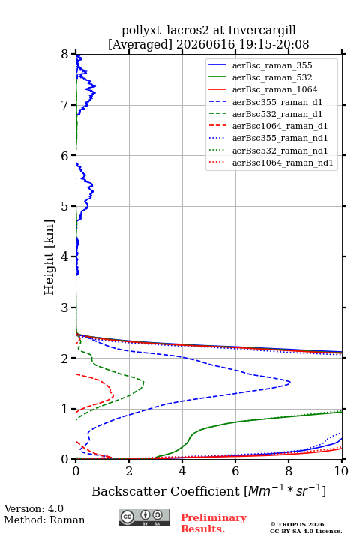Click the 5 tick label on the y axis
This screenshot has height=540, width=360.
[x=65, y=206]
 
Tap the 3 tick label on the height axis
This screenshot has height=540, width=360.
[x=65, y=307]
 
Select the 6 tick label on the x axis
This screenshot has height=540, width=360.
[x=235, y=471]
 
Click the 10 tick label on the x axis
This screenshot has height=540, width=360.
[x=341, y=471]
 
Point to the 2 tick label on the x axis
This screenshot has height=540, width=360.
[x=129, y=471]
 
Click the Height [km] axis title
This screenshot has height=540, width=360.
[x=49, y=257]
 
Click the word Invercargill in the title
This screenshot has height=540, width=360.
[x=262, y=31]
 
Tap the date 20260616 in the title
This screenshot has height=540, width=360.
[x=205, y=44]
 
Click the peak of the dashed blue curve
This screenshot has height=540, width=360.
[x=290, y=382]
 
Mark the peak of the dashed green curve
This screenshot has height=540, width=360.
[x=143, y=382]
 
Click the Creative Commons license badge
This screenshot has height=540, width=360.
[x=144, y=518]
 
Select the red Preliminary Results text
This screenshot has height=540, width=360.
[x=214, y=523]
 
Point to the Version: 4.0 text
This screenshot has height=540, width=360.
[x=34, y=508]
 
